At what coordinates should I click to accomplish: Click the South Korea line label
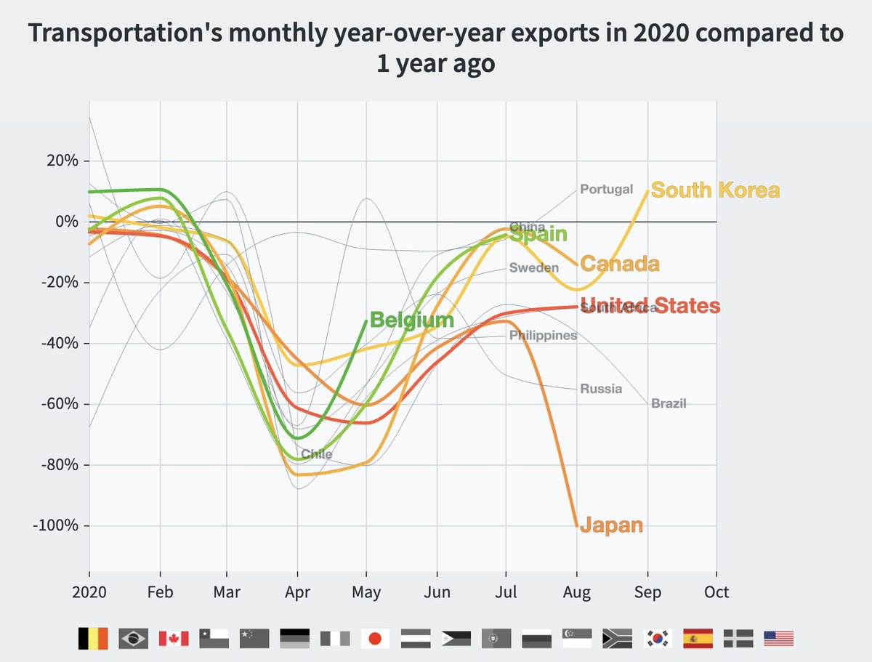pyautogui.click(x=715, y=190)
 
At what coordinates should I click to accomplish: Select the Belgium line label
pyautogui.click(x=411, y=320)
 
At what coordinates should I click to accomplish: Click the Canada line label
pyautogui.click(x=620, y=264)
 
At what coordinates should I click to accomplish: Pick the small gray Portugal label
pyautogui.click(x=606, y=189)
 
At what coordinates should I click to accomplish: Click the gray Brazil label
pyautogui.click(x=669, y=403)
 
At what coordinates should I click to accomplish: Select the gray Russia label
pyautogui.click(x=601, y=389)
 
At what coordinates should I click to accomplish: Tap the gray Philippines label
pyautogui.click(x=543, y=335)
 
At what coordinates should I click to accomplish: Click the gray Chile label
pyautogui.click(x=316, y=454)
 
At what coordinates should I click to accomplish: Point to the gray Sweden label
pyautogui.click(x=534, y=267)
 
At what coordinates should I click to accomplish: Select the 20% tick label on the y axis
pyautogui.click(x=60, y=161)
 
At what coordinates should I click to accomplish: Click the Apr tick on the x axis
pyautogui.click(x=296, y=592)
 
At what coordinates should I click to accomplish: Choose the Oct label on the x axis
pyautogui.click(x=716, y=592)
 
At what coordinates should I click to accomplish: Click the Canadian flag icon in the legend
pyautogui.click(x=173, y=639)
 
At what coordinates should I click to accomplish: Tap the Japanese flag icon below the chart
pyautogui.click(x=375, y=639)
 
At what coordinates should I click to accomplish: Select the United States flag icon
pyautogui.click(x=778, y=639)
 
